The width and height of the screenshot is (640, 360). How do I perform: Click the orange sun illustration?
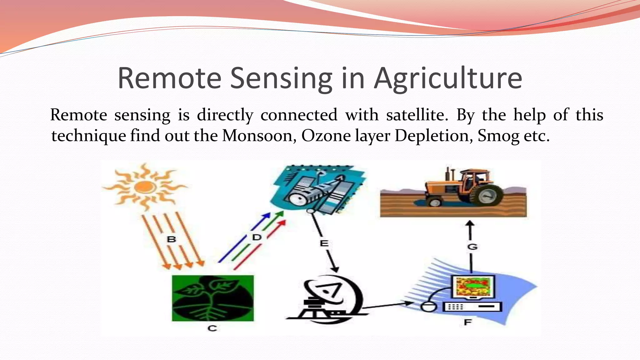(144, 187)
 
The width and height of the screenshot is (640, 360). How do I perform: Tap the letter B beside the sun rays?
(171, 240)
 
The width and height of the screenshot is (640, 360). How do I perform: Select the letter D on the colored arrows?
(257, 237)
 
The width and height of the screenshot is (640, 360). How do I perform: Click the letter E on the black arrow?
(324, 243)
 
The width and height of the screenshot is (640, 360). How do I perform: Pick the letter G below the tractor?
(472, 247)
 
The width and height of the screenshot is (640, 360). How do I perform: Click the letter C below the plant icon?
(212, 328)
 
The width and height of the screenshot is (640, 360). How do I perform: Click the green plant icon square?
(213, 298)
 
